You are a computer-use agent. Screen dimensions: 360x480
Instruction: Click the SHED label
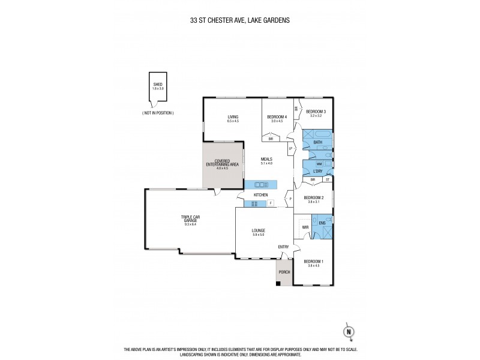click(x=158, y=85)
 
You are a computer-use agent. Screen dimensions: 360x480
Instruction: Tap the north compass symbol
click(x=347, y=331)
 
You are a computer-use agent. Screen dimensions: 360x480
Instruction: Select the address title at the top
click(x=240, y=19)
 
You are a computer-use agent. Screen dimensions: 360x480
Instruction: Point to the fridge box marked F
click(x=271, y=204)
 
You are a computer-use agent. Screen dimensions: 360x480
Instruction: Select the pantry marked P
click(x=290, y=199)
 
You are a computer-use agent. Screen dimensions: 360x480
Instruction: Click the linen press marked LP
click(x=290, y=148)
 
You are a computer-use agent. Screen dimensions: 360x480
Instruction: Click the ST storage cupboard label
click(x=328, y=179)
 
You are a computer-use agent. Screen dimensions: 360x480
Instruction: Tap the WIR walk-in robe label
click(x=305, y=227)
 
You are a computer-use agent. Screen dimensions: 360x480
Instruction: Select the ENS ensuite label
click(x=322, y=223)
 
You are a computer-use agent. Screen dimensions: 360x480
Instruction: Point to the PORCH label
click(x=284, y=272)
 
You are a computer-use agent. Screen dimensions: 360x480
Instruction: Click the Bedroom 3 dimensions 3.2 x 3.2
click(x=316, y=116)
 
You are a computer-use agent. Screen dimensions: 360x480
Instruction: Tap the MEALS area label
click(x=266, y=159)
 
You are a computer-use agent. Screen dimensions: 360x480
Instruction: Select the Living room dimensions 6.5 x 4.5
click(x=233, y=121)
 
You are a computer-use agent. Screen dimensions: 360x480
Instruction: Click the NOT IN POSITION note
click(x=158, y=113)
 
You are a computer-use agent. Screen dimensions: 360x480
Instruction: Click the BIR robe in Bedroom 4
click(x=271, y=139)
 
